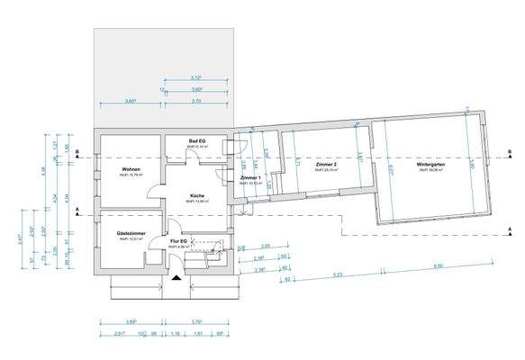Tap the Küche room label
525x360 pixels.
tap(197, 194)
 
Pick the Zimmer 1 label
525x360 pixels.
tap(250, 178)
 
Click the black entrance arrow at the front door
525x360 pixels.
tap(175, 279)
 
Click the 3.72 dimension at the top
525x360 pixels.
tap(196, 78)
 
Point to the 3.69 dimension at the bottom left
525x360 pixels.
tap(131, 321)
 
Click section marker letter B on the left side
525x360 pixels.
tap(79, 153)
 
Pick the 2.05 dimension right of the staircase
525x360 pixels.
tap(266, 246)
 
